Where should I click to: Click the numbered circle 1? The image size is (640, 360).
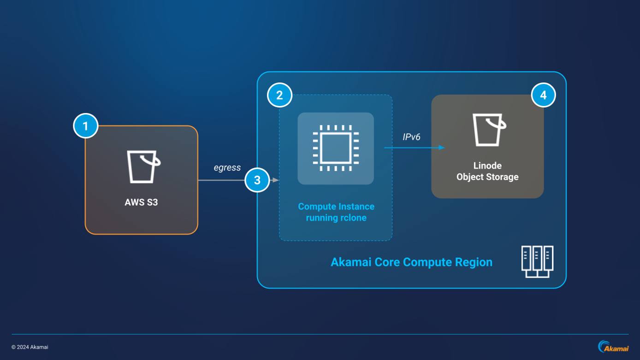85,126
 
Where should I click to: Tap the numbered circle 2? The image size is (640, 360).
279,95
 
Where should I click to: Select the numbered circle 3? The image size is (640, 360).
257,180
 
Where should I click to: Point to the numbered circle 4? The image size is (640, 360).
543,95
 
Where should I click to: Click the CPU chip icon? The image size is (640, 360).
335,148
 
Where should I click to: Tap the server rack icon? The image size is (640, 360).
537,261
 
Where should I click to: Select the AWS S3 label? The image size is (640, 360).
141,202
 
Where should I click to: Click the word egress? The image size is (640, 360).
227,168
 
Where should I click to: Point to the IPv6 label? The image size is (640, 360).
411,136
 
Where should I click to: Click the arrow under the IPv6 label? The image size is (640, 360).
414,148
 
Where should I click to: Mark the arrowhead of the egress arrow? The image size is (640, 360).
277,180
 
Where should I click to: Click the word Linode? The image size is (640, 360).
487,165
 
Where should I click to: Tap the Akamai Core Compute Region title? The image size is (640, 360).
411,262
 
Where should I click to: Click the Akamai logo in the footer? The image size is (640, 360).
613,346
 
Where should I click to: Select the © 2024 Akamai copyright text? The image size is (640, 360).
30,347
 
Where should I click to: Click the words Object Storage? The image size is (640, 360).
487,177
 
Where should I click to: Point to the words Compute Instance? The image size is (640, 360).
336,207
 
